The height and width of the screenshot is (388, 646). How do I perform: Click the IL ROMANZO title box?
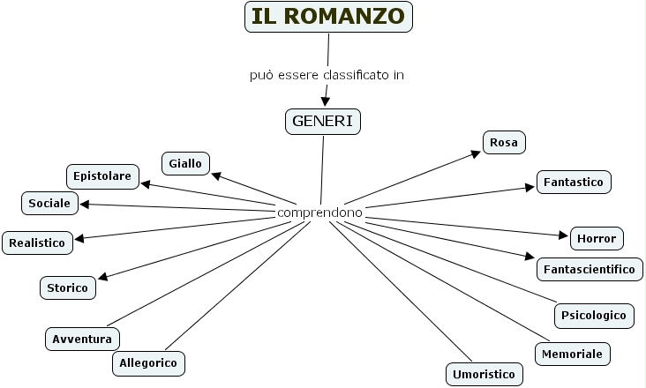click(328, 16)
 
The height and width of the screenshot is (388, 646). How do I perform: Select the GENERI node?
click(324, 121)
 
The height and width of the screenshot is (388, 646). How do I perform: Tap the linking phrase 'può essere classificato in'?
click(327, 75)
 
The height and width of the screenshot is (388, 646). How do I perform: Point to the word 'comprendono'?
click(319, 213)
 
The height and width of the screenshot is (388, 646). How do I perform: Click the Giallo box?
click(185, 162)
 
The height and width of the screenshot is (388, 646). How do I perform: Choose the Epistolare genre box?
click(102, 176)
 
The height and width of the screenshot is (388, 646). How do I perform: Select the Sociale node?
click(49, 203)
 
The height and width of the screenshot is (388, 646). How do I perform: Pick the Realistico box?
click(37, 242)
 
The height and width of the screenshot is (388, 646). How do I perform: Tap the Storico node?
click(68, 287)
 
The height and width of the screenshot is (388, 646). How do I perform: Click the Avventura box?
click(82, 338)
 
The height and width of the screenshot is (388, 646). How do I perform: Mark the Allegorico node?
click(149, 362)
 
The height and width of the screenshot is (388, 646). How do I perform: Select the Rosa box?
click(504, 142)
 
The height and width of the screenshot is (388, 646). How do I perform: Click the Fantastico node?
click(574, 183)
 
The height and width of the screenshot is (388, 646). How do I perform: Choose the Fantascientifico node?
click(590, 268)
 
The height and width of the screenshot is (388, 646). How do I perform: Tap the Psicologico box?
click(594, 315)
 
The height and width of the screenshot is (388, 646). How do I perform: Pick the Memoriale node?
click(573, 354)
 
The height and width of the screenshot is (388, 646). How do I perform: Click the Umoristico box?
click(484, 374)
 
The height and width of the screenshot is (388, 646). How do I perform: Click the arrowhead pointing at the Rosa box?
click(477, 153)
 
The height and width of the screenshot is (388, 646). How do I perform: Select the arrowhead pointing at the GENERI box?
click(325, 101)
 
